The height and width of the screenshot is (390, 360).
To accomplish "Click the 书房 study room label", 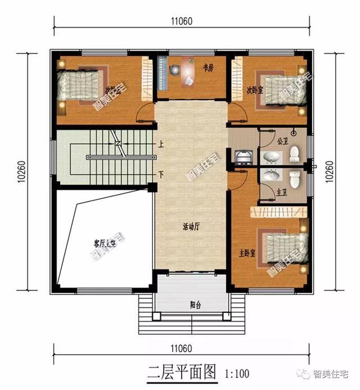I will [208, 69].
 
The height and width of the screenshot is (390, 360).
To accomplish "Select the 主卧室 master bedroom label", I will [245, 253].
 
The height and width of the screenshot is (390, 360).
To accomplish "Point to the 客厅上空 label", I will [105, 243].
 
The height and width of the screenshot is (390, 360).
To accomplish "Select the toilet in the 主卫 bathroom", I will [294, 179].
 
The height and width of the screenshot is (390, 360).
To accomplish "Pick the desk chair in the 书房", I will [175, 70].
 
